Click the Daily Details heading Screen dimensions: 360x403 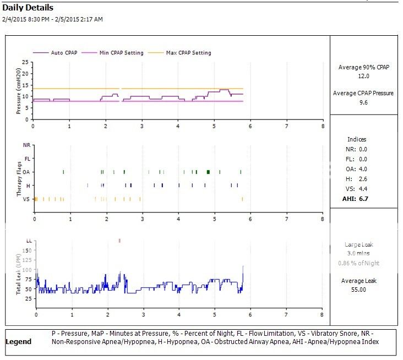(28, 8)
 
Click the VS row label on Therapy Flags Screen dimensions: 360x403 (26, 199)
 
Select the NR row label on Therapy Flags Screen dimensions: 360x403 (26, 145)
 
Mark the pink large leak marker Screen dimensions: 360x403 (119, 241)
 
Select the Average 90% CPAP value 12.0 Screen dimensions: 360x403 (363, 75)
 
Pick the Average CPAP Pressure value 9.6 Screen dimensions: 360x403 (363, 102)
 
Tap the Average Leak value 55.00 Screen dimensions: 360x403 (363, 290)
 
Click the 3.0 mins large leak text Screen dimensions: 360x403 (363, 253)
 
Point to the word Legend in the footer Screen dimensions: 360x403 (18, 342)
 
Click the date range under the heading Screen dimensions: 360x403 (52, 19)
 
